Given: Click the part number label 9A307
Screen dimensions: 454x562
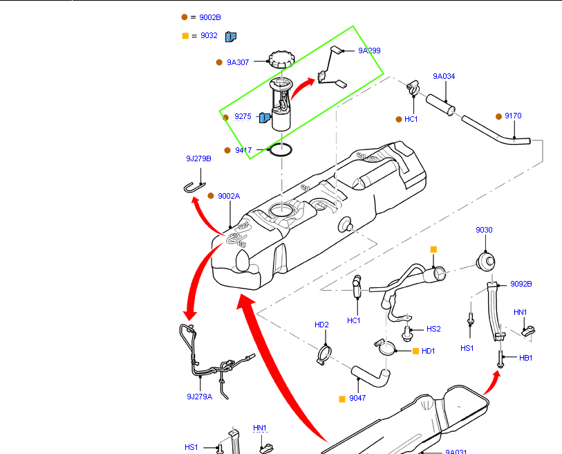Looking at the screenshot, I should [x=238, y=62].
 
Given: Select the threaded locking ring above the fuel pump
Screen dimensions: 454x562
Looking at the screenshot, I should [x=282, y=59].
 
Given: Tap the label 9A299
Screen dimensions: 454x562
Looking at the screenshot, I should [x=369, y=51].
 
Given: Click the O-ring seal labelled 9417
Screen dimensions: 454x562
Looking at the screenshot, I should [x=281, y=149].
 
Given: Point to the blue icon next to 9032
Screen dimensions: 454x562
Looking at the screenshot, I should [x=231, y=36].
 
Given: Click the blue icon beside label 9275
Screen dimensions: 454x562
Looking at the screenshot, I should [x=264, y=118].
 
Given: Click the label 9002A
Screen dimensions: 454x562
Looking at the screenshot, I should [x=228, y=196].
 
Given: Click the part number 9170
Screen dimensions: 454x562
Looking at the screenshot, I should [x=513, y=116].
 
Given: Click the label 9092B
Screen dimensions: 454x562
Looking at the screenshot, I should [x=521, y=284].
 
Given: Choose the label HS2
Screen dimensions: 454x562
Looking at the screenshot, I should [x=433, y=329].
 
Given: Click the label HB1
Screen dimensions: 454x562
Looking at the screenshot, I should [x=526, y=358].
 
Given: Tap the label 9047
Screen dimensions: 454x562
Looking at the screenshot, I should [x=357, y=399].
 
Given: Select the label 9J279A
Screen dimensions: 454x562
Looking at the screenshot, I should [x=199, y=397].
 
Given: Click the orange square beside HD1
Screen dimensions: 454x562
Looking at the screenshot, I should [x=415, y=351].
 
